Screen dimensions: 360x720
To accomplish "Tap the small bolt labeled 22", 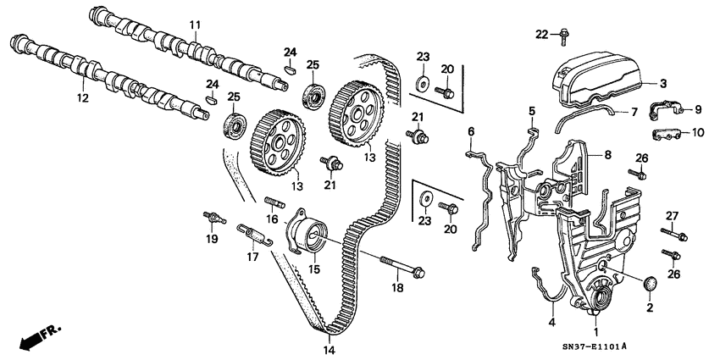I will pos(562,34).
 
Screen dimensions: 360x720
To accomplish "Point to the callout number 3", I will pos(664,83).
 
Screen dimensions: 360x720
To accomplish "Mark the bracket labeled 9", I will pos(664,111).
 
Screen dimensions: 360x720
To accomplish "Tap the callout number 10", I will pos(698,133).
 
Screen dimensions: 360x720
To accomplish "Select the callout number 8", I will pos(607,156).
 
